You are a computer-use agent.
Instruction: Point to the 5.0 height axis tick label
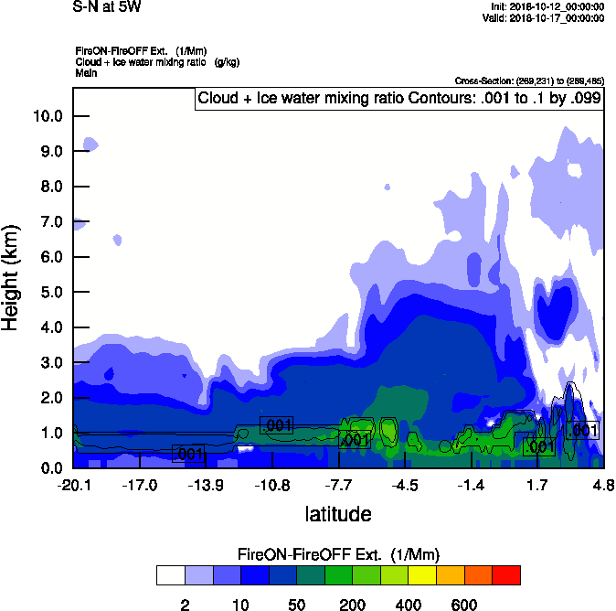point(52,293)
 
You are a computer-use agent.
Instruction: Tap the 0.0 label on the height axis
point(52,468)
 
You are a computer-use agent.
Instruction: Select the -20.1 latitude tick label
point(73,485)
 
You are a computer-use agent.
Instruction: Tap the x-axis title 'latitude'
point(337,514)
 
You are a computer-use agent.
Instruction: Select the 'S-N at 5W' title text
point(107,7)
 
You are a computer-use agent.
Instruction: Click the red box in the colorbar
point(506,574)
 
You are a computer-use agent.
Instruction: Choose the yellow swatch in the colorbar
point(421,574)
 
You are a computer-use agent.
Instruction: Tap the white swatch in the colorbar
point(169,574)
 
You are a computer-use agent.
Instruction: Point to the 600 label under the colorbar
point(464,605)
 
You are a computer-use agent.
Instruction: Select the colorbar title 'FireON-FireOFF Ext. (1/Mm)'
point(339,554)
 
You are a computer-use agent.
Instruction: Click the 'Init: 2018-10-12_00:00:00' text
point(547,7)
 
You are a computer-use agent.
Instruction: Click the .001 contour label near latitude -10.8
point(276,424)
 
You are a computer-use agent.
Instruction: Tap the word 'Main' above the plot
point(87,72)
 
